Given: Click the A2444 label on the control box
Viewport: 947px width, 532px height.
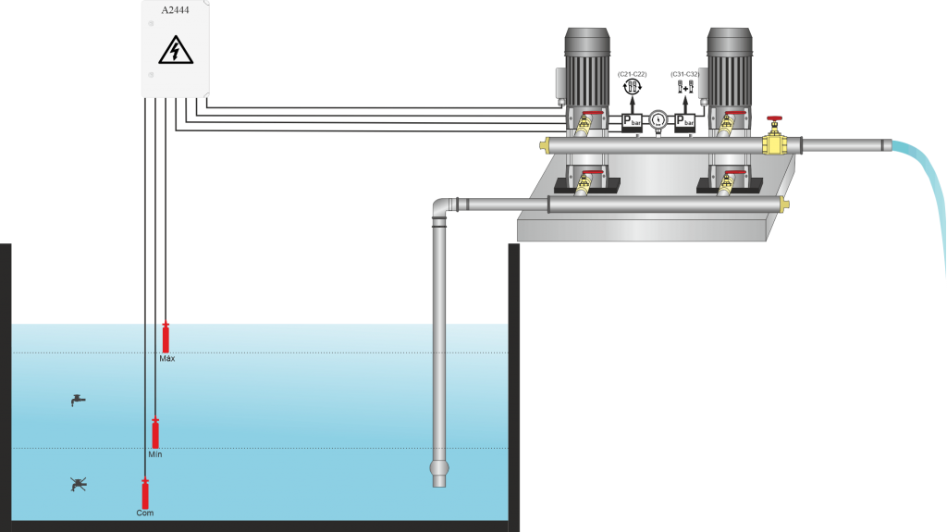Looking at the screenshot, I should click(176, 10).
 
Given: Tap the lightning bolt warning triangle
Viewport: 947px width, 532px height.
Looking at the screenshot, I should click(176, 50).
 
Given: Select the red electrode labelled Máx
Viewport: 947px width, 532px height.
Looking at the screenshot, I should click(166, 338).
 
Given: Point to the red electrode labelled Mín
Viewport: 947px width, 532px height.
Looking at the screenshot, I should click(155, 433).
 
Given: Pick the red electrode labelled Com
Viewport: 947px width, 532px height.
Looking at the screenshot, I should click(145, 493).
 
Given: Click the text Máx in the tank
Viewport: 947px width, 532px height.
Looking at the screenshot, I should click(167, 358).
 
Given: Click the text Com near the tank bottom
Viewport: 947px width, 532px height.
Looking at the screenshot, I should click(145, 513).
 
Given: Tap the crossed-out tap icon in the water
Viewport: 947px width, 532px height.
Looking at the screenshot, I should click(79, 483).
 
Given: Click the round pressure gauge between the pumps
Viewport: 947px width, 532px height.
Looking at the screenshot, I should click(658, 118).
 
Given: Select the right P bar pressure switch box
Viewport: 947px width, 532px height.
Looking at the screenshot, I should click(685, 120).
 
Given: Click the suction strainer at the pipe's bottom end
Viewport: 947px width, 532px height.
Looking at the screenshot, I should click(439, 472).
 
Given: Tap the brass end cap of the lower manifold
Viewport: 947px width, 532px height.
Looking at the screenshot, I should click(785, 204).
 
